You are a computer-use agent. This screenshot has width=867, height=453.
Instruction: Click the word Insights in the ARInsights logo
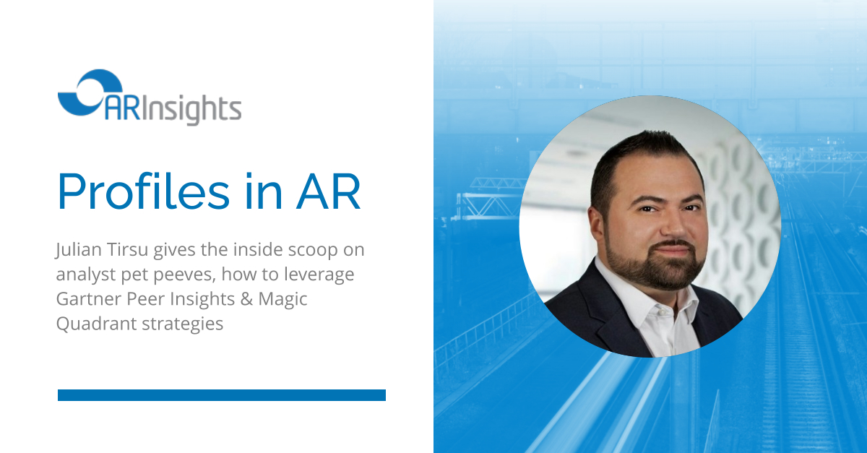click(x=191, y=109)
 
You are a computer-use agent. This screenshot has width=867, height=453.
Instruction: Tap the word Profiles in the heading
click(x=144, y=191)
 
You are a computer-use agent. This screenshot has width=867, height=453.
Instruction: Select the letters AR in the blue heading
click(x=329, y=191)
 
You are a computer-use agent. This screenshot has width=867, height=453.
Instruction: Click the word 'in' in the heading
click(x=263, y=191)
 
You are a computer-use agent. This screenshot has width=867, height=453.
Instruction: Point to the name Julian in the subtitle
click(x=79, y=250)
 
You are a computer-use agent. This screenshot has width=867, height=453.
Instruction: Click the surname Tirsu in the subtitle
click(x=128, y=249)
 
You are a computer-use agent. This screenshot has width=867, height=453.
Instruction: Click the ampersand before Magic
click(x=246, y=299)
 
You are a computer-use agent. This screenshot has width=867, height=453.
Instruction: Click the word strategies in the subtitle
click(x=183, y=324)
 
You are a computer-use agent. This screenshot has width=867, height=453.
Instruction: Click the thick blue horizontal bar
click(x=222, y=395)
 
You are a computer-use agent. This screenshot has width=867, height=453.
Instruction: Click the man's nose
click(x=673, y=225)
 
